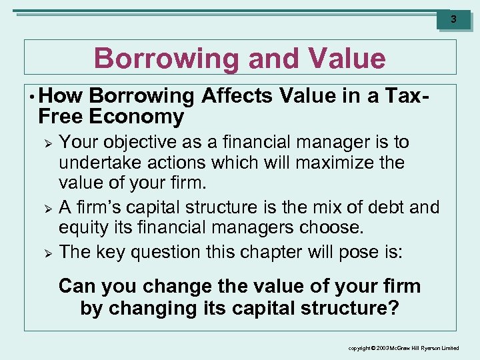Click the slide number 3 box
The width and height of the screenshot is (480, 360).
(453, 19)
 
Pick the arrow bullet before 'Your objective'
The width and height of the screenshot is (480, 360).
(46, 143)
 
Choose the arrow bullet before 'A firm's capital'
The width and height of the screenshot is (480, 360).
(46, 209)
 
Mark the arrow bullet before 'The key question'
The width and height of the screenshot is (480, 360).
(46, 253)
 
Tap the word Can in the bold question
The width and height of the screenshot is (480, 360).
(77, 287)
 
